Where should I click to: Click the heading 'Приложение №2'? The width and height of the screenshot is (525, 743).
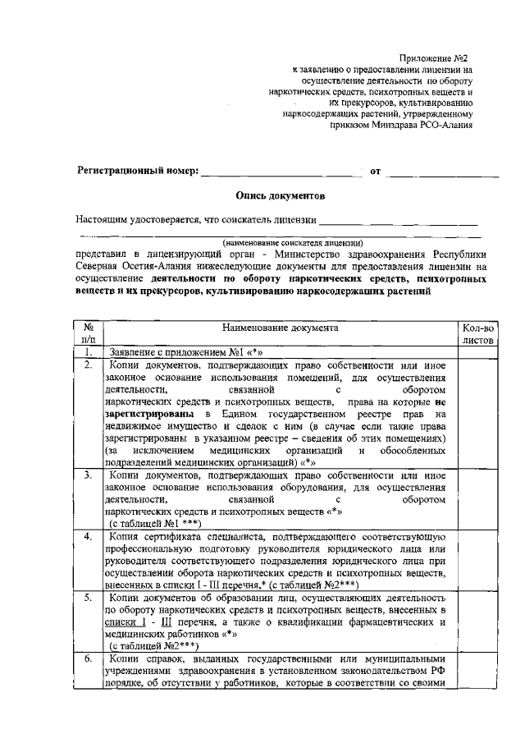click(437, 59)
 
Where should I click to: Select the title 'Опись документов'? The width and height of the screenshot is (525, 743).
click(279, 196)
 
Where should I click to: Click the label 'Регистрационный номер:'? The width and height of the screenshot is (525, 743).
click(137, 172)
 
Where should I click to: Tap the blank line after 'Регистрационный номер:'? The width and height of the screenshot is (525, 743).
click(281, 172)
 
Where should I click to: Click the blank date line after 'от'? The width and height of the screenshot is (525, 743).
click(443, 172)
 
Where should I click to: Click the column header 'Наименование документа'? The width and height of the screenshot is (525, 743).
click(279, 327)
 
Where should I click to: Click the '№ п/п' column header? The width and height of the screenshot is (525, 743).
click(88, 333)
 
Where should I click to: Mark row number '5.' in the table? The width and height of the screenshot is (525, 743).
click(88, 598)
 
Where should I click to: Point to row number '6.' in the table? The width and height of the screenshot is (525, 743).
click(88, 659)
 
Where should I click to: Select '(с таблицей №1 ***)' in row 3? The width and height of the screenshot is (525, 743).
click(151, 522)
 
